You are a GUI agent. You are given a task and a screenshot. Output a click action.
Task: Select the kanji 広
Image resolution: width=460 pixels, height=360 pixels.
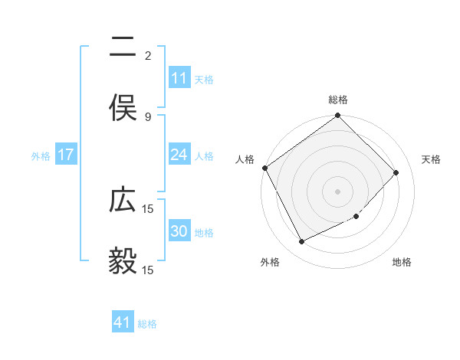[123, 201]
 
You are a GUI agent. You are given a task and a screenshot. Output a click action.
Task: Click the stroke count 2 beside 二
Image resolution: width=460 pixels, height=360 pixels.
[147, 55]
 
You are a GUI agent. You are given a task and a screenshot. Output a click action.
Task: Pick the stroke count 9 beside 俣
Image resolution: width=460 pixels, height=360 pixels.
[147, 116]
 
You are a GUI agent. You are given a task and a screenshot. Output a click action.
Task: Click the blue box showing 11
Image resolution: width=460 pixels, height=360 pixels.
[179, 78]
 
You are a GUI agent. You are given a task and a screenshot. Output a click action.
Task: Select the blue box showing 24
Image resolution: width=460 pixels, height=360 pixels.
[179, 155]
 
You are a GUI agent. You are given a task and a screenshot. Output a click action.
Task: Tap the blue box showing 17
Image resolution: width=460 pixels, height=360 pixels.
[66, 155]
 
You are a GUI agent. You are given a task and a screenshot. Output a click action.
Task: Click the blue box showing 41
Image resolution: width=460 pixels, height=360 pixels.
[123, 322]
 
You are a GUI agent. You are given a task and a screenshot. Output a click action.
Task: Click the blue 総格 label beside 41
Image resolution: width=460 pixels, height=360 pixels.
[147, 324]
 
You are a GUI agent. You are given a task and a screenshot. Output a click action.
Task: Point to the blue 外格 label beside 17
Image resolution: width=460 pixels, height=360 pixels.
[41, 156]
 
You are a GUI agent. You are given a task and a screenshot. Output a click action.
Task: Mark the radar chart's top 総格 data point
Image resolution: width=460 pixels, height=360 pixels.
[338, 116]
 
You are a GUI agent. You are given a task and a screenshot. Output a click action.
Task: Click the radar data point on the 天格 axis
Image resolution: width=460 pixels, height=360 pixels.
[396, 172]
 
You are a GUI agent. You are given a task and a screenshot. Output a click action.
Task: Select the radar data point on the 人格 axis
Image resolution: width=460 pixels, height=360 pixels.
[264, 168]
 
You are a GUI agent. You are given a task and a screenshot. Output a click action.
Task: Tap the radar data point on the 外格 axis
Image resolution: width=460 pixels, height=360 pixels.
[302, 242]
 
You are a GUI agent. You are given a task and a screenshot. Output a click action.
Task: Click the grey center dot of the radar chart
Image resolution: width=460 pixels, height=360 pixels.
[338, 191]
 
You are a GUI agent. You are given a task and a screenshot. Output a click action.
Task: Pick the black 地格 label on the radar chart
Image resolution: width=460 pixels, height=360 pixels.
[402, 263]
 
